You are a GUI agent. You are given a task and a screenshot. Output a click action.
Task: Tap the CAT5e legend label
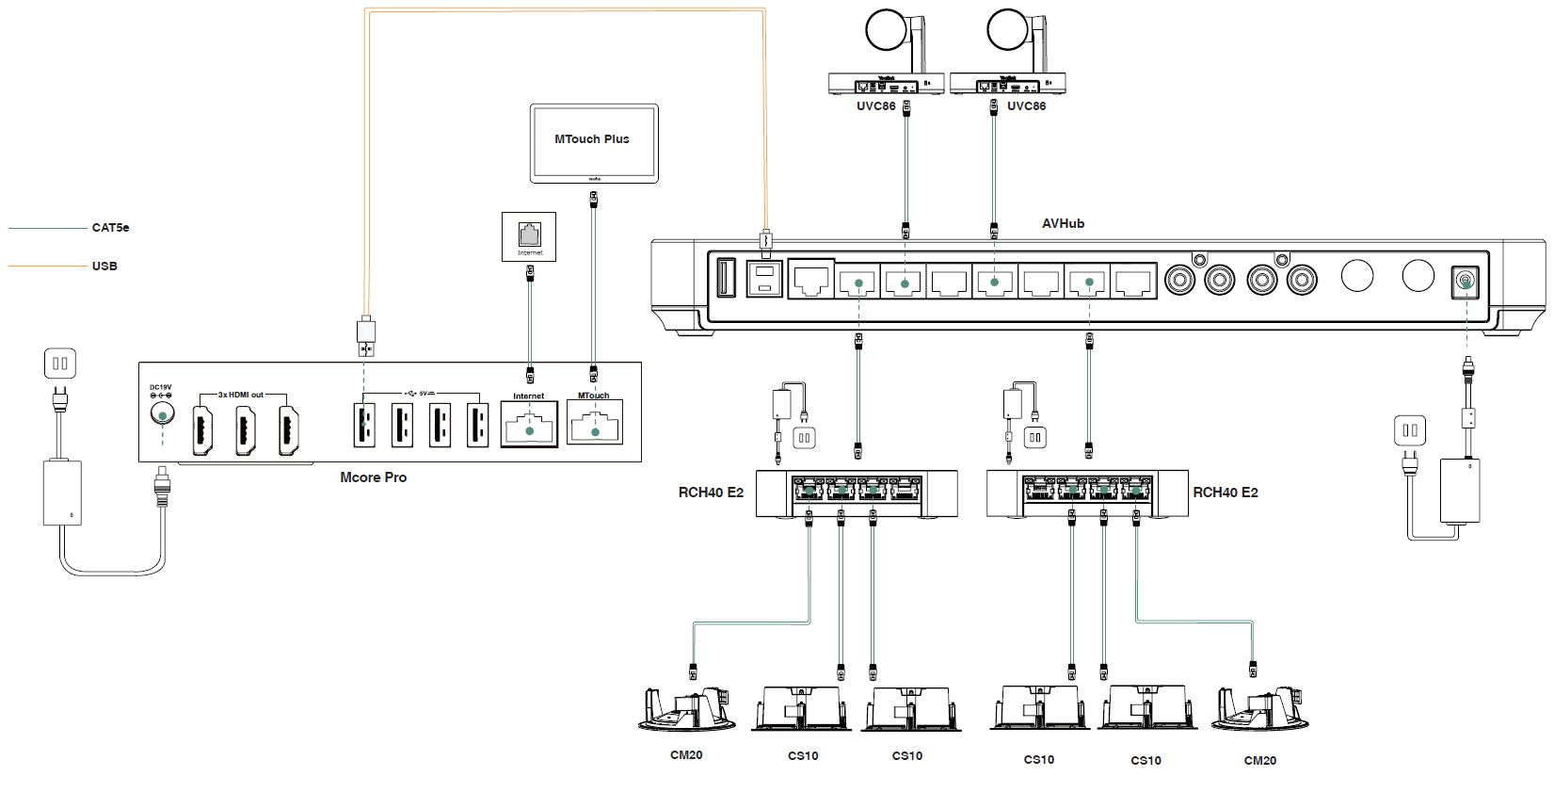[110, 228]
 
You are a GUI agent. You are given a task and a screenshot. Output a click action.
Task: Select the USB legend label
[104, 267]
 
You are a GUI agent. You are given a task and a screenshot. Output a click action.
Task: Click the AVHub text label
[1063, 224]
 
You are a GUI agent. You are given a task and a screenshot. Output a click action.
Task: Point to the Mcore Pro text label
[373, 477]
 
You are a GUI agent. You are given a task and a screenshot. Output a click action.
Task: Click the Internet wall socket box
[529, 236]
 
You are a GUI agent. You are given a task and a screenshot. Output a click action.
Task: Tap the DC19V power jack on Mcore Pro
[162, 414]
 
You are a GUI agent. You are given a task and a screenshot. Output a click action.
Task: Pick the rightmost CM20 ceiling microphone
[1260, 710]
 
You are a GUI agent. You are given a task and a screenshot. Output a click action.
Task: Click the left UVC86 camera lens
[885, 30]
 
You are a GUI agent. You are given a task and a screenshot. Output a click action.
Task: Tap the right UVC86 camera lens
[1007, 30]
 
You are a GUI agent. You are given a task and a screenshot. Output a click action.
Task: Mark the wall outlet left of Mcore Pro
[60, 364]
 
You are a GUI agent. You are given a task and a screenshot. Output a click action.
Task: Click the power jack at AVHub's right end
[1466, 282]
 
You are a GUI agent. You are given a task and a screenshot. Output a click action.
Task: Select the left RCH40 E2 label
[711, 493]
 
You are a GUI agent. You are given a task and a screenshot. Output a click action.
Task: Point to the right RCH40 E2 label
[1226, 493]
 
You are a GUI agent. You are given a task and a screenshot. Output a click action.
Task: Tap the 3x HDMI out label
[241, 395]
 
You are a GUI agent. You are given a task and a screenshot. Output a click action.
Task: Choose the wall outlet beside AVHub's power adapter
[1410, 430]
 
